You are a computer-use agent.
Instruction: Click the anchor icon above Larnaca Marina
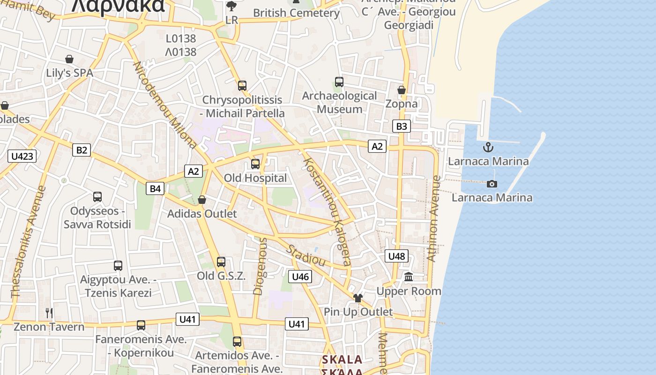coord(488,147)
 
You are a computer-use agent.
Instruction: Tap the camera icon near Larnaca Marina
coord(492,184)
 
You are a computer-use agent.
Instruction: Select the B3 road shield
coord(402,126)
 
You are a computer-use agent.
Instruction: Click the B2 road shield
coord(82,150)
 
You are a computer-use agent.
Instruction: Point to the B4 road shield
coord(155,188)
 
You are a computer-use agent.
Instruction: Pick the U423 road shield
coord(22,156)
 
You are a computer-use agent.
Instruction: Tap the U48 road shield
coord(396,256)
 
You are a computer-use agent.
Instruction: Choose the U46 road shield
coord(300,277)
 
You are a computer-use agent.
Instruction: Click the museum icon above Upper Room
coord(409,277)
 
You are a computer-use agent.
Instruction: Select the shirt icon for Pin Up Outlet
coord(358,298)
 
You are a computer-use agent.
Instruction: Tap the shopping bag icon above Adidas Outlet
coord(202,200)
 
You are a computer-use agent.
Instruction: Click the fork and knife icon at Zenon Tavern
coord(49,313)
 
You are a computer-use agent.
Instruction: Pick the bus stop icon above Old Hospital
coord(255,164)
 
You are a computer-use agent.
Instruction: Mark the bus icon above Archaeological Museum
coord(339,82)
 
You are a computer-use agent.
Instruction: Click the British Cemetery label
coord(296,13)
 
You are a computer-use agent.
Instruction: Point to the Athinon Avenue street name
coord(434,218)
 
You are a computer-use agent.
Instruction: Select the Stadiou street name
coord(306,255)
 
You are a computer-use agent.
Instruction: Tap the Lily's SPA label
coord(69,73)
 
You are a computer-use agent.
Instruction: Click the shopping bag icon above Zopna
coord(402,90)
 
